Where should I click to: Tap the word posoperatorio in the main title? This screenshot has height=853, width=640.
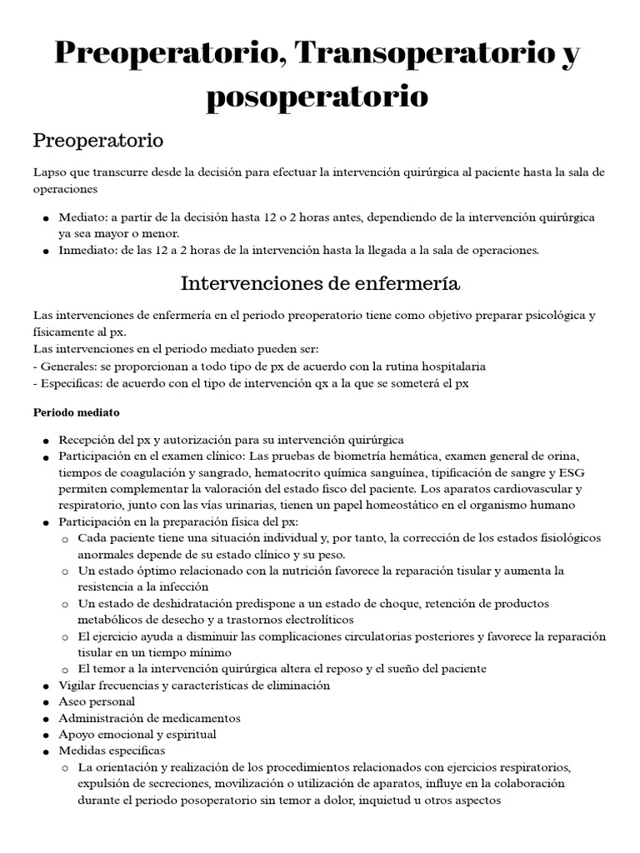tap(317, 96)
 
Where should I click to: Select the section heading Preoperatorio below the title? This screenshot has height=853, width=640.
tap(98, 140)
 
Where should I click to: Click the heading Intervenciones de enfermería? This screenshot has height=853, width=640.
tap(320, 283)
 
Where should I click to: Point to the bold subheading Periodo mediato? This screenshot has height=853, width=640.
tap(77, 412)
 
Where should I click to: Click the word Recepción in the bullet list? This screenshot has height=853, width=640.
tap(87, 439)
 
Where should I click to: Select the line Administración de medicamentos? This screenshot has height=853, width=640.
tap(149, 718)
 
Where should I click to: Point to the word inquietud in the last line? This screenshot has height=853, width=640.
tap(394, 800)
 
